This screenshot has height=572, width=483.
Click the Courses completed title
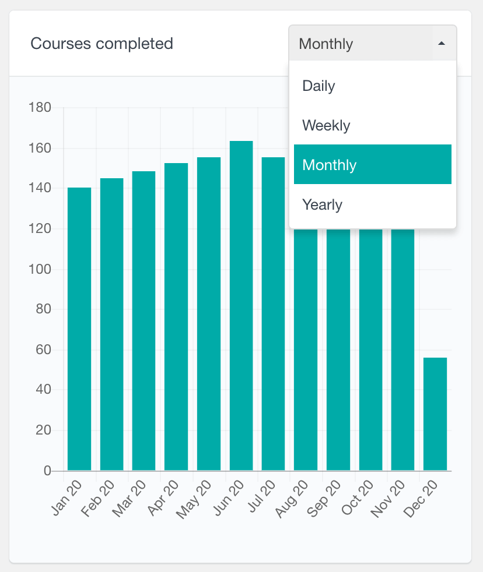point(101,44)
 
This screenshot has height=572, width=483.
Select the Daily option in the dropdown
point(318,86)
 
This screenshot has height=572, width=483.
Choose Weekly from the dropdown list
point(326,126)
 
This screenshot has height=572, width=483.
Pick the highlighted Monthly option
point(372,165)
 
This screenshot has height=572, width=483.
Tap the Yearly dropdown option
point(322,205)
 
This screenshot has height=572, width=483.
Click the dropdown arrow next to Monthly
point(442,44)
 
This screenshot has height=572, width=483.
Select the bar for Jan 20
point(79,329)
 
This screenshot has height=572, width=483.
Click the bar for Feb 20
point(111,324)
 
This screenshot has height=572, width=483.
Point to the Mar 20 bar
point(144,321)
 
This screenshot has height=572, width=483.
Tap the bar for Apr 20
point(176,317)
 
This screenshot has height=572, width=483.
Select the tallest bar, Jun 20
point(241,306)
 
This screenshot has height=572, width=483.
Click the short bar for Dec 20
point(435,414)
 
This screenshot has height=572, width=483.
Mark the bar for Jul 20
point(273,314)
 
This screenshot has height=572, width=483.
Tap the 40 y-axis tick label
point(43,390)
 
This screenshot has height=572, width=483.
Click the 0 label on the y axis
point(47,471)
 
